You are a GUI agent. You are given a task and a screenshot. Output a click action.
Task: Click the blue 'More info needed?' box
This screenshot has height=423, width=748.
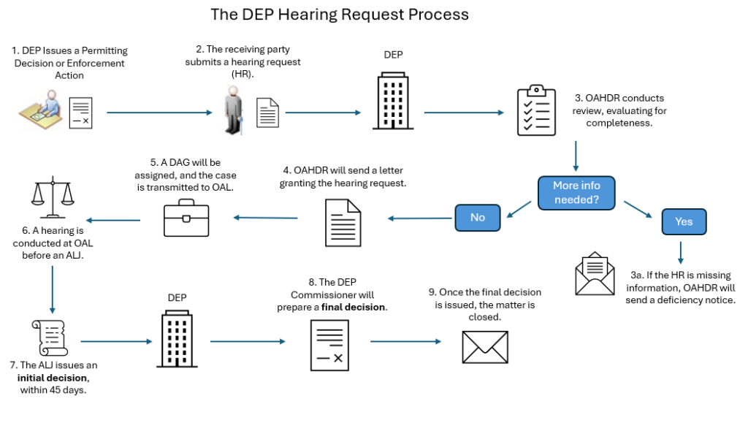[x=577, y=192]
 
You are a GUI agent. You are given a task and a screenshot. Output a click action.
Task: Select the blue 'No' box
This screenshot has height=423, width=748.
[x=478, y=218]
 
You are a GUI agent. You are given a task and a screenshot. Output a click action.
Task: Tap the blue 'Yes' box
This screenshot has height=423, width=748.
[x=684, y=221]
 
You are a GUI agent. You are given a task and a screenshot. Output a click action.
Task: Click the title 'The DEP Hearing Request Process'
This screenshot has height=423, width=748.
[x=340, y=15]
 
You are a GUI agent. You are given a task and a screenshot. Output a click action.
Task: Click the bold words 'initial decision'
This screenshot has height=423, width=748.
[x=52, y=378]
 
